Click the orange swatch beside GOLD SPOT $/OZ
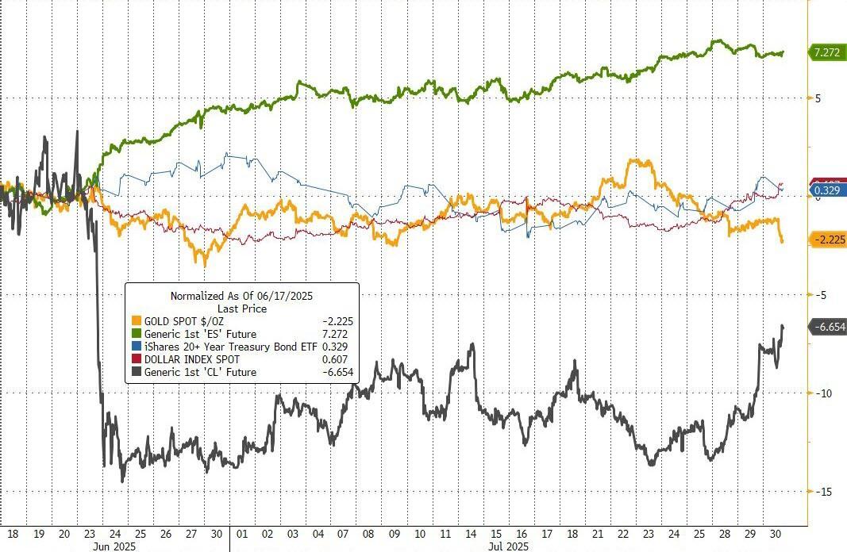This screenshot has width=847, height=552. pyautogui.click(x=136, y=321)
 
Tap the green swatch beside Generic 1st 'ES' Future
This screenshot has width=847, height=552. pyautogui.click(x=136, y=334)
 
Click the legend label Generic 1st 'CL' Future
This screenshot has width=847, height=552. pyautogui.click(x=199, y=372)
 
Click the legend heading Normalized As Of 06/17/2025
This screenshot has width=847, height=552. pyautogui.click(x=242, y=296)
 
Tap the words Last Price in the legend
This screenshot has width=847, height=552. pyautogui.click(x=242, y=309)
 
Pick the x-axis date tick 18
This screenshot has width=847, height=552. pyautogui.click(x=13, y=534)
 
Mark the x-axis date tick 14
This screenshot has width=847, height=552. pyautogui.click(x=472, y=534)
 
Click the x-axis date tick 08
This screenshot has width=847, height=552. pyautogui.click(x=369, y=534)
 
